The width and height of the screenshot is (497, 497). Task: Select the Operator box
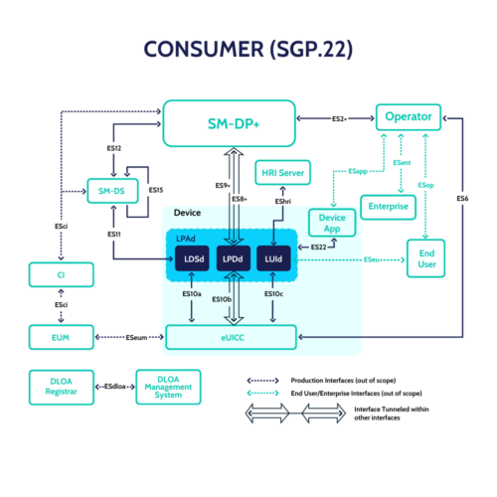(x=408, y=117)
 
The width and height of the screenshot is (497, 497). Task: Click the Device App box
(x=332, y=223)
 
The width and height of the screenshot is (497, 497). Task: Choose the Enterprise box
(x=388, y=207)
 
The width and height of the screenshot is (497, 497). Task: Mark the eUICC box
(x=231, y=339)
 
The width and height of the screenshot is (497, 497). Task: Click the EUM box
(x=62, y=338)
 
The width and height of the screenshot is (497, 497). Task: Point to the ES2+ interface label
(x=339, y=118)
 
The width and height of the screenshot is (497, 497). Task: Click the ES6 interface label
(x=462, y=199)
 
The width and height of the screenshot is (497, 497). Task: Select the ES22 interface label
(x=318, y=246)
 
